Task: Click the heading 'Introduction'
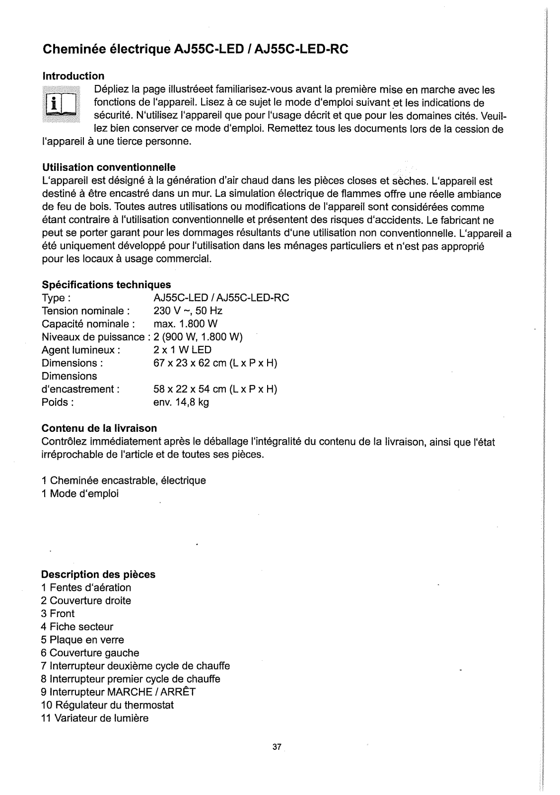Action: [x=73, y=76]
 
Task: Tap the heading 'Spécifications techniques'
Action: [x=106, y=285]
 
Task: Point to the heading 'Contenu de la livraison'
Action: [x=99, y=428]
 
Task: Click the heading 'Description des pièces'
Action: [x=98, y=574]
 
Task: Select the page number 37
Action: [x=277, y=747]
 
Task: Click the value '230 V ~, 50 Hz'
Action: [x=188, y=311]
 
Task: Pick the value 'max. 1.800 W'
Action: [x=182, y=324]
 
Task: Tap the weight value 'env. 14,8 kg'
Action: [x=181, y=402]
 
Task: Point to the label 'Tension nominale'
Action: [x=86, y=311]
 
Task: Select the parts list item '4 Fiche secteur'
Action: [x=77, y=627]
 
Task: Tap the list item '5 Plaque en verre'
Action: [x=82, y=639]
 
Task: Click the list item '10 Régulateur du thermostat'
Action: [x=108, y=705]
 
